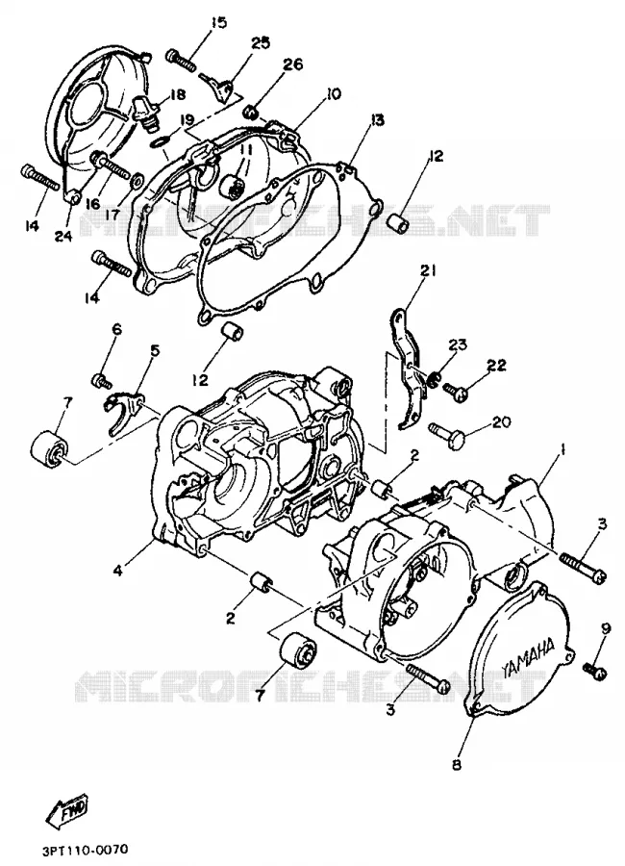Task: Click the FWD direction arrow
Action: (x=66, y=811)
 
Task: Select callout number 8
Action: (x=457, y=765)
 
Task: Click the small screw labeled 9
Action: (x=595, y=670)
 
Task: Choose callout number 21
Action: (x=428, y=271)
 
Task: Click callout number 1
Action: (x=562, y=451)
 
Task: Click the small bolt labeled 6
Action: (x=101, y=380)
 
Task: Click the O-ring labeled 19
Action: (x=160, y=143)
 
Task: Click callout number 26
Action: (x=293, y=64)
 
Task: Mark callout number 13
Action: (x=378, y=120)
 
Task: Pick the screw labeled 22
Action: (x=456, y=391)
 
